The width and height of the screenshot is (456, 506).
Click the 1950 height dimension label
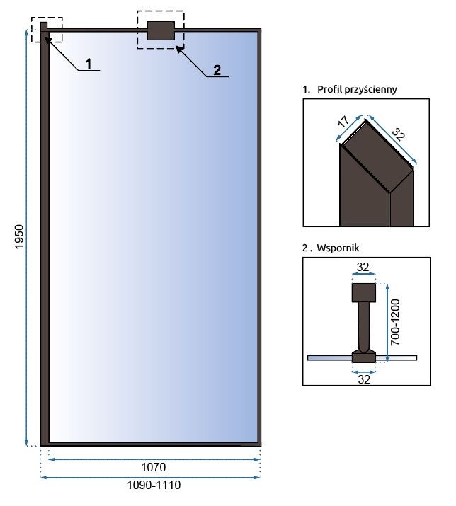(x=19, y=238)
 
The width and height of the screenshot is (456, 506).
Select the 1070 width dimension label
(x=153, y=468)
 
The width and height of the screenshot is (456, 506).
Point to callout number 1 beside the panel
(x=89, y=64)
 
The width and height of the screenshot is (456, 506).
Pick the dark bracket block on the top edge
(x=160, y=30)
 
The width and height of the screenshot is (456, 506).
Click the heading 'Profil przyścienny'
(x=354, y=90)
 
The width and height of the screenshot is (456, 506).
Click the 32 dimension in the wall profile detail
(x=398, y=134)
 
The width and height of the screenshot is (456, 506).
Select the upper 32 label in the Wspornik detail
(x=364, y=268)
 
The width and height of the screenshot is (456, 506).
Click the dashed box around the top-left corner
(x=47, y=30)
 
